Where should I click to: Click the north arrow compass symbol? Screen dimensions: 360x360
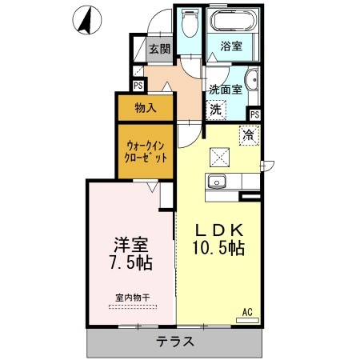pos(87,20)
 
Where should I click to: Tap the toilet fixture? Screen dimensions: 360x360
pos(190,23)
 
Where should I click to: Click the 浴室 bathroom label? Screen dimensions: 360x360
pos(231,46)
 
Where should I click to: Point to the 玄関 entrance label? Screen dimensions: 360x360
pos(159,49)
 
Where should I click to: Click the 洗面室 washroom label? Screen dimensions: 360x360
pos(226,90)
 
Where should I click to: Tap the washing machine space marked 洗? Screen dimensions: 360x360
pos(216,110)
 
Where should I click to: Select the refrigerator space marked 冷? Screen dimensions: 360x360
pos(249,135)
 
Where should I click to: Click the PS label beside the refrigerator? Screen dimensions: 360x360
pos(255,114)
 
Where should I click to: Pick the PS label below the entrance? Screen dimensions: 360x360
pos(138,86)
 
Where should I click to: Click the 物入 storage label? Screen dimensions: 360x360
pos(146,108)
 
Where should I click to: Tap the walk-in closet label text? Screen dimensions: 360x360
pos(146,152)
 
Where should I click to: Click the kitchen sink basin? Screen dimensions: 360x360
pos(217,182)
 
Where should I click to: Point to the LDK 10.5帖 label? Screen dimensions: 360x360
pos(218,239)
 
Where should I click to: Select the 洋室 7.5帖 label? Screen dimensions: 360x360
pos(131,254)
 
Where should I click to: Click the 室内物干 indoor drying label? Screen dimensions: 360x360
pos(133,298)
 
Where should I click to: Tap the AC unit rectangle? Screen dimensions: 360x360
pos(247,320)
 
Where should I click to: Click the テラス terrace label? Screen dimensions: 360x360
pos(174,342)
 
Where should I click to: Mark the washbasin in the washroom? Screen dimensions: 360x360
pos(253,80)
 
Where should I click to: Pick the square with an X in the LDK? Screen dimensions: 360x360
pos(219,158)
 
